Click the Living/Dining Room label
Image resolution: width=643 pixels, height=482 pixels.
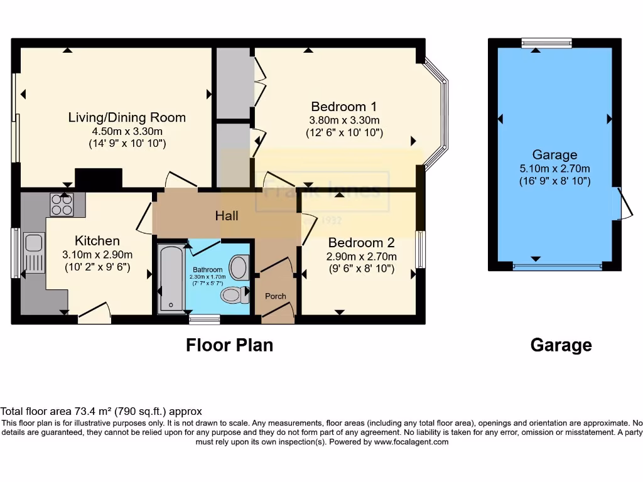(127, 117)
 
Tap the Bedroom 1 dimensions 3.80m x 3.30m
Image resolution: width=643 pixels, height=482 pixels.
(344, 120)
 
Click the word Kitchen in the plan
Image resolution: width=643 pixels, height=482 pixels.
(97, 240)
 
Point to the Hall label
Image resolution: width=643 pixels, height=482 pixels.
(227, 216)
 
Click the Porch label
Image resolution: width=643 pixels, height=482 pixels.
(276, 296)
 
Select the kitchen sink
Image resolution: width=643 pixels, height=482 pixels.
(33, 242)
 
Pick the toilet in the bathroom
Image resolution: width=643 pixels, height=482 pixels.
(234, 294)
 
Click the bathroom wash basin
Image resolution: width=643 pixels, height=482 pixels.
(239, 267)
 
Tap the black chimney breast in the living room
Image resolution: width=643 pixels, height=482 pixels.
(99, 178)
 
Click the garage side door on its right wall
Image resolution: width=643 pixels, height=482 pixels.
(622, 204)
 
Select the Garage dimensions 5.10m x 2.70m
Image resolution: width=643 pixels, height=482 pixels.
(554, 168)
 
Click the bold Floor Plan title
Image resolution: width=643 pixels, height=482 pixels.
(229, 345)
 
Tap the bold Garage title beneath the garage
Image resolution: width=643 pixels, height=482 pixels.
(561, 345)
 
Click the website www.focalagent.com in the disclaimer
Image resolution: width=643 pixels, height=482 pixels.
(411, 442)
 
